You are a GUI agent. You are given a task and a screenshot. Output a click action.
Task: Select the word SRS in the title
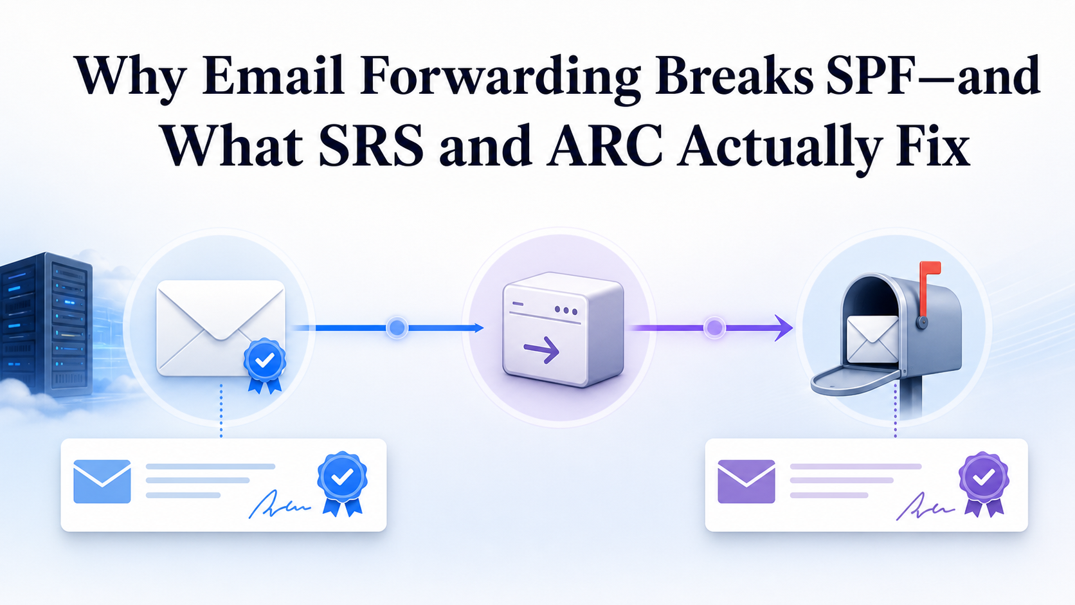click(371, 145)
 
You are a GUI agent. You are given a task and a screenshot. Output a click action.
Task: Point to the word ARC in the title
click(606, 145)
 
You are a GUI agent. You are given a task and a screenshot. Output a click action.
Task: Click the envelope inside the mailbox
click(872, 339)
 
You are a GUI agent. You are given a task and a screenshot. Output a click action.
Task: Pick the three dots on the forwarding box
click(565, 311)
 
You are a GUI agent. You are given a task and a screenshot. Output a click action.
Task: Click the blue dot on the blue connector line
click(397, 328)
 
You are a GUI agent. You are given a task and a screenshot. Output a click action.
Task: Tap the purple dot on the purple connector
click(714, 328)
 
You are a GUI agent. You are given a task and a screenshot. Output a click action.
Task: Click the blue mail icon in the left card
click(102, 482)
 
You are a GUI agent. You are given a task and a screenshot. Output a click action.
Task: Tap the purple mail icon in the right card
click(746, 482)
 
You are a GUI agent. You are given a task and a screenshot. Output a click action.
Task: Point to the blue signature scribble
click(279, 505)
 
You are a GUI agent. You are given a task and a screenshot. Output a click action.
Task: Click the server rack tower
click(46, 324)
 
